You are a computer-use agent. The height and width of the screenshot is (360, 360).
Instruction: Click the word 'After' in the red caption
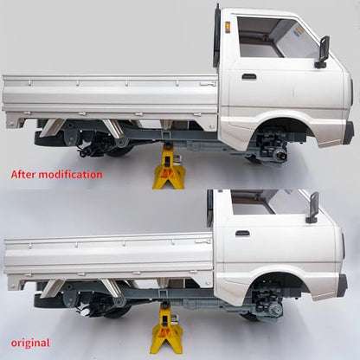[23, 175]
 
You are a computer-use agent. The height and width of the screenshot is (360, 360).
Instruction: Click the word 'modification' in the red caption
[71, 175]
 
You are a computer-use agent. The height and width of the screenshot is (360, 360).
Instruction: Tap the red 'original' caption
[30, 344]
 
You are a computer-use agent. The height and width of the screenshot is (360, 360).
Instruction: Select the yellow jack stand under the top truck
[169, 167]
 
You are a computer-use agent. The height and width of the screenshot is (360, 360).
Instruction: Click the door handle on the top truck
[249, 76]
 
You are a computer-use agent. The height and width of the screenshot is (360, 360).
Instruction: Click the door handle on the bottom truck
[242, 234]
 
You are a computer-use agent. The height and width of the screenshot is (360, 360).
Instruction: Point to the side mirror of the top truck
[323, 52]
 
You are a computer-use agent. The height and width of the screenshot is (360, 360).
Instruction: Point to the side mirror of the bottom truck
[312, 207]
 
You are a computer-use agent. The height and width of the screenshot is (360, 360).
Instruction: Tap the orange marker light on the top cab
[228, 26]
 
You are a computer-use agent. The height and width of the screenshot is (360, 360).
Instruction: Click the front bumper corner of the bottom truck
[343, 286]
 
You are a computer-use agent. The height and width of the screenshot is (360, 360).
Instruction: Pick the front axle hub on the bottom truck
[275, 310]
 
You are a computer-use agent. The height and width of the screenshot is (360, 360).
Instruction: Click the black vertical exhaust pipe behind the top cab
[216, 36]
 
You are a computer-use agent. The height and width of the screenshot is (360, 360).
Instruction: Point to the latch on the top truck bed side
[209, 84]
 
